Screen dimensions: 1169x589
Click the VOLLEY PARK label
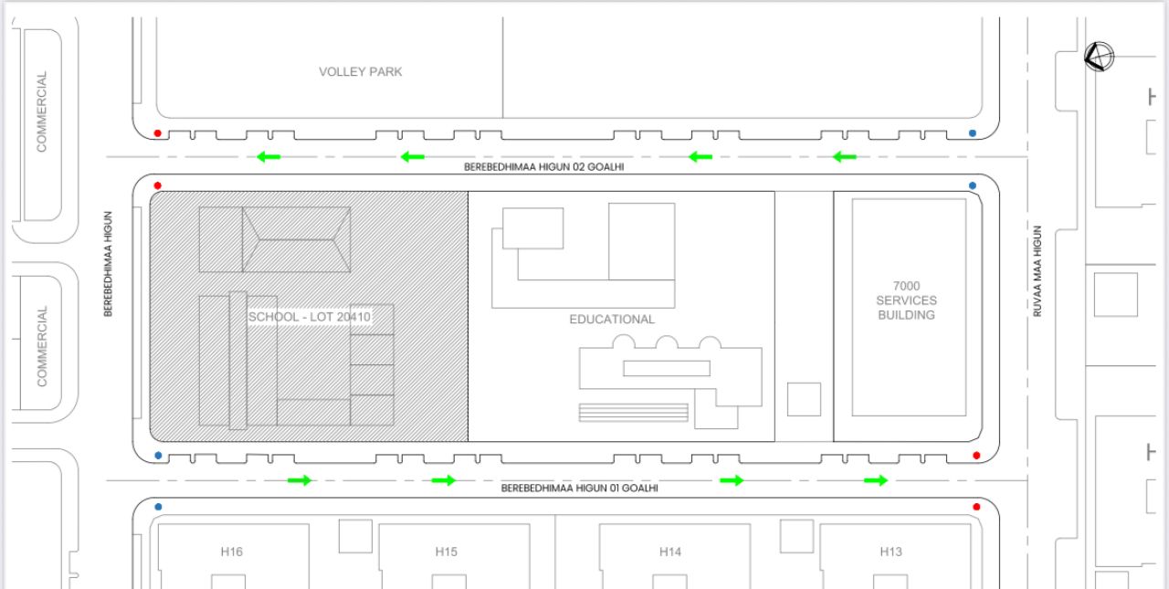pos(361,72)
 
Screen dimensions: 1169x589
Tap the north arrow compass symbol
pos(1099,57)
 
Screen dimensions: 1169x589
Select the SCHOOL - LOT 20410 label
pos(310,317)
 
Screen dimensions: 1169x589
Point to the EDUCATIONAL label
pos(612,320)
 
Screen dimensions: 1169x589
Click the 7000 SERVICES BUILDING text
pos(907,300)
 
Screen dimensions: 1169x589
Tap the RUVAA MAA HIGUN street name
pos(1037,271)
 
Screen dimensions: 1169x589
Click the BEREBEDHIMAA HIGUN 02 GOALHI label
pos(543,167)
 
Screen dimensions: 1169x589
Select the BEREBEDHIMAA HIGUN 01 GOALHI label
pos(579,489)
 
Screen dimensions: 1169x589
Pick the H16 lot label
pos(232,552)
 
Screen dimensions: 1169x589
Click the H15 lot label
pos(447,552)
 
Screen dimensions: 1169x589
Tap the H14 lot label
pos(670,552)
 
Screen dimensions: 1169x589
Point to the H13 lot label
pos(890,552)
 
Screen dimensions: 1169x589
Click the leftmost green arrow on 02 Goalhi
pos(269,156)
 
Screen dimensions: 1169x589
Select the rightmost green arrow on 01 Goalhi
pos(876,480)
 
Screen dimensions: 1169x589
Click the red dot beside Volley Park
pos(158,133)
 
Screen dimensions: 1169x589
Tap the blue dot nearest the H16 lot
pos(158,507)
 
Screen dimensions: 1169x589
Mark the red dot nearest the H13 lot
pos(976,507)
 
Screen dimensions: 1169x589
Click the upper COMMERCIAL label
pos(42,111)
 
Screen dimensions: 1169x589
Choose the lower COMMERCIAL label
pos(42,346)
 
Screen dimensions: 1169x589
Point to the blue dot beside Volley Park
pos(973,133)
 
